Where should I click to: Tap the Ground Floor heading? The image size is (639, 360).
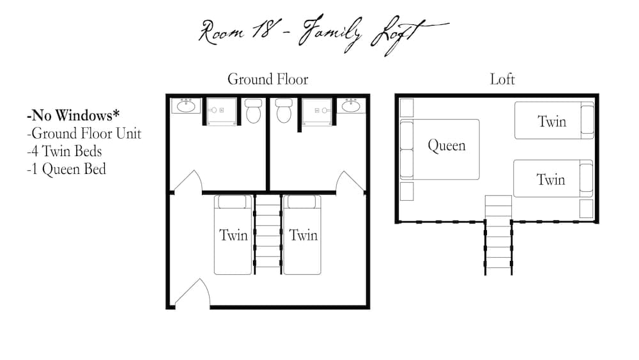268,79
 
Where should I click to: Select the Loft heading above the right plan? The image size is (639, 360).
502,79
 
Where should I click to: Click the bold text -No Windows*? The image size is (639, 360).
73,116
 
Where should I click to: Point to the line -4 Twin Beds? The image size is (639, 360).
64,152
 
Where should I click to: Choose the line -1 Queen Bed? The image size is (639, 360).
66,169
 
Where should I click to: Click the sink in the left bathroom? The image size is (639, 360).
186,106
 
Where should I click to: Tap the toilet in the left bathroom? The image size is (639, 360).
253,111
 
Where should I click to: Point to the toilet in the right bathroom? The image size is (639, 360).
284,111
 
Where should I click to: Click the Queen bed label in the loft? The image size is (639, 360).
446,146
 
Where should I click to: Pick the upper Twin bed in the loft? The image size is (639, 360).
553,121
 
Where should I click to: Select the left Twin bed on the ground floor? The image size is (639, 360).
233,235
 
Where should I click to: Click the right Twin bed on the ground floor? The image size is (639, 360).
302,235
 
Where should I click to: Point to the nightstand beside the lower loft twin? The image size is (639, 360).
586,208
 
